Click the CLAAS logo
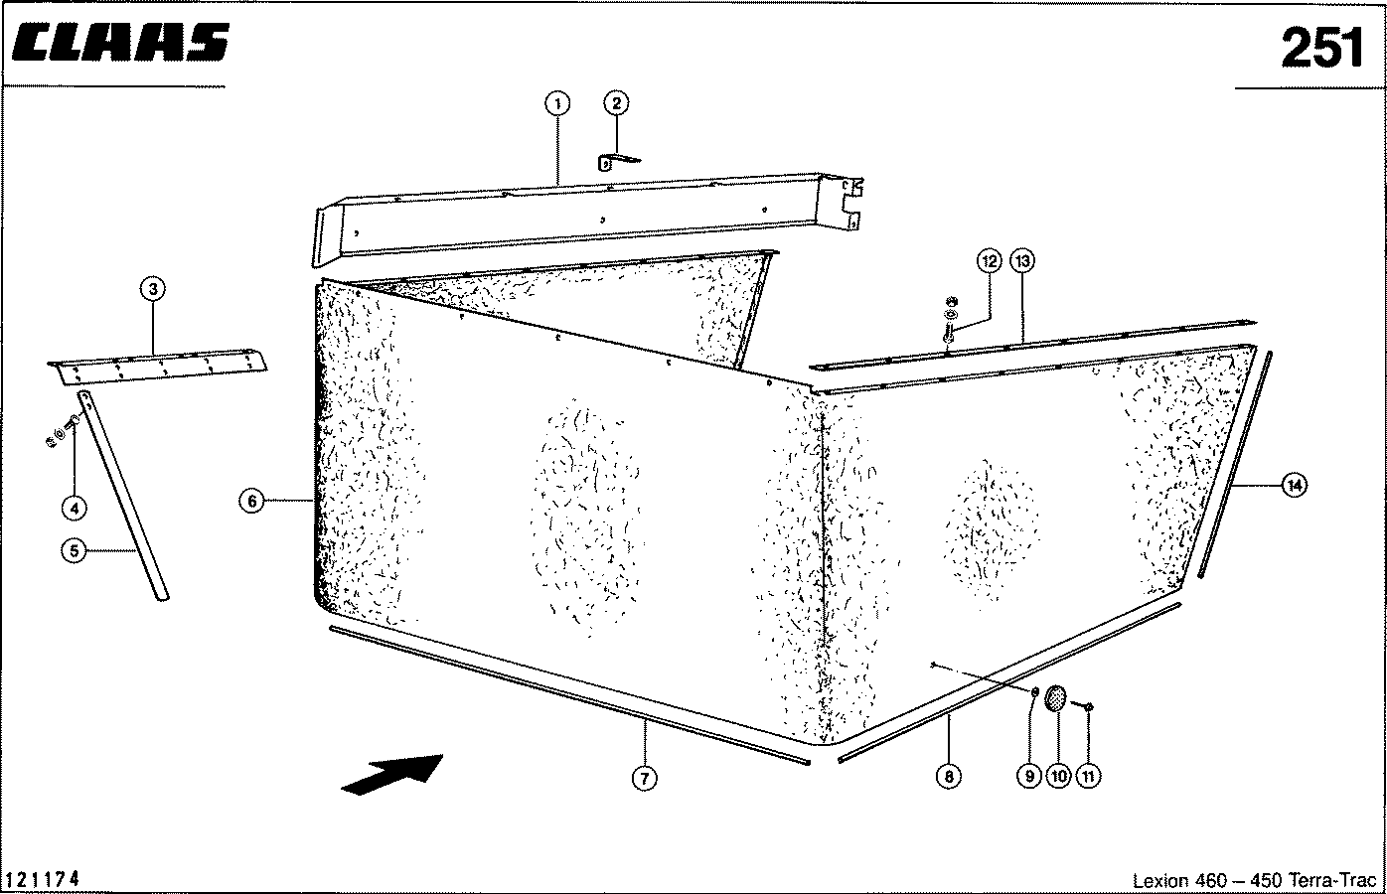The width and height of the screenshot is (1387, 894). click(120, 43)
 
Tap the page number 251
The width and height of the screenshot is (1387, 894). click(1321, 48)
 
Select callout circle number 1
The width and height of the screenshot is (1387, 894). click(557, 104)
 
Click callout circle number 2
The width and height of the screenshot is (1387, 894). click(616, 103)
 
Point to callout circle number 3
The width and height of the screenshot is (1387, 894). click(153, 288)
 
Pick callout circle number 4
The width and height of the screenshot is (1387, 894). click(75, 509)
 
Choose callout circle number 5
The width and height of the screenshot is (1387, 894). click(75, 550)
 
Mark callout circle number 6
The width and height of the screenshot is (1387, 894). click(251, 501)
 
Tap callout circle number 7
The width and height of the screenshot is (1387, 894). click(644, 778)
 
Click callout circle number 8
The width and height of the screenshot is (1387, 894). click(949, 776)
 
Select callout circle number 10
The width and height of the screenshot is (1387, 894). click(1058, 776)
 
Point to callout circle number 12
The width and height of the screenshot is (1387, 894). click(989, 261)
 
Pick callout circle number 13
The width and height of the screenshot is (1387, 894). click(1022, 261)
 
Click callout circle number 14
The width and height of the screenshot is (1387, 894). click(1295, 486)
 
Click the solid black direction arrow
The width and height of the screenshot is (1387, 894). click(391, 775)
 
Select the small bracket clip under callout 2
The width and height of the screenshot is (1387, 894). click(617, 162)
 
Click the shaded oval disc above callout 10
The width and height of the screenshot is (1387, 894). click(1055, 698)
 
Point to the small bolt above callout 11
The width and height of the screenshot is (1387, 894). click(1084, 705)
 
